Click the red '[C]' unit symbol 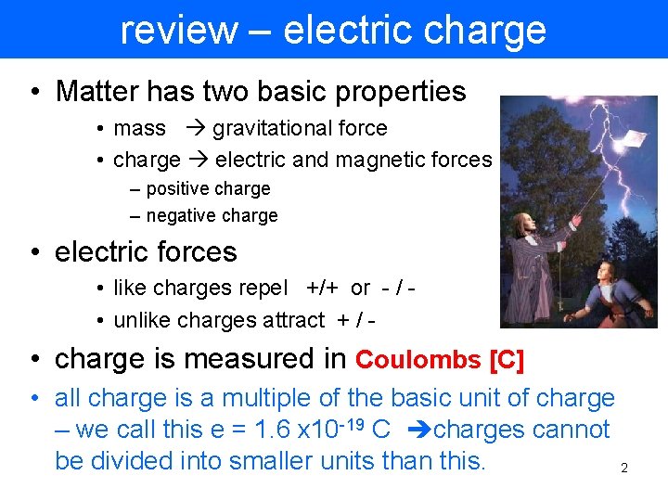coord(506,360)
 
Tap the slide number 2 coord(624,469)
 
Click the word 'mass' coord(139,129)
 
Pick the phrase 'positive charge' coord(208,188)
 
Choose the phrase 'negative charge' coord(212,215)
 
